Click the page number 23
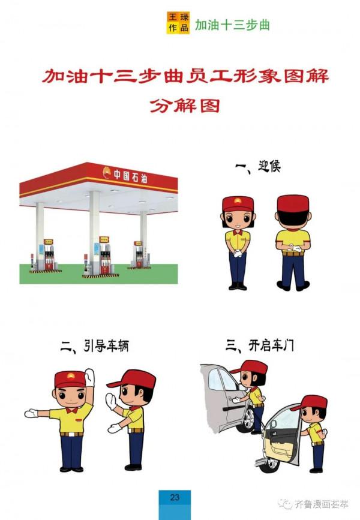[175, 497]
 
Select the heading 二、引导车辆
[95, 345]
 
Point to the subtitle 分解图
[184, 107]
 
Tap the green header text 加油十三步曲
[232, 25]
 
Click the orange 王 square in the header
[172, 17]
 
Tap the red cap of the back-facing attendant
[293, 204]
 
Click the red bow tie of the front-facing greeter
[238, 232]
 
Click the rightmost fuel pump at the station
[138, 254]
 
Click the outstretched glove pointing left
[31, 413]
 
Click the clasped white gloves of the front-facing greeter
[238, 253]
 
